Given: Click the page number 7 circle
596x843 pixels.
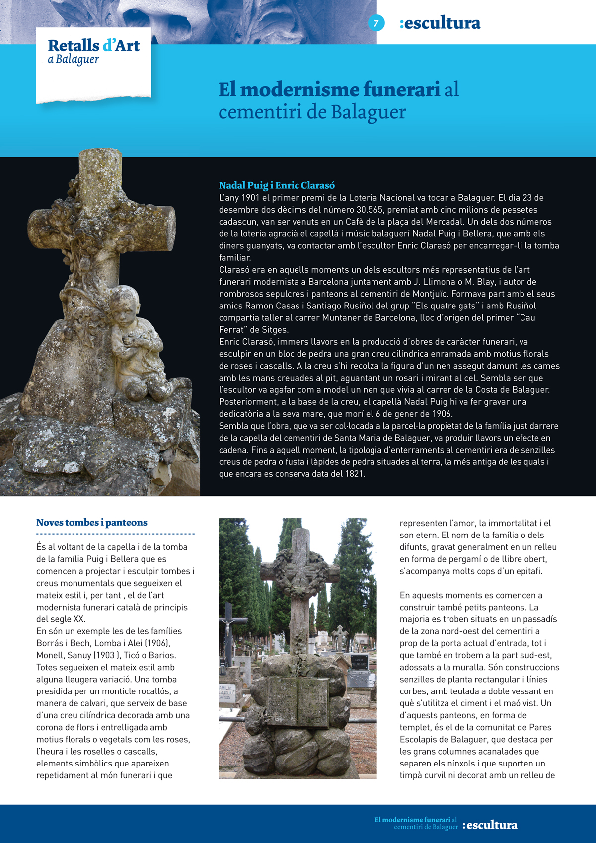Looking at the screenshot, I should pos(376,23).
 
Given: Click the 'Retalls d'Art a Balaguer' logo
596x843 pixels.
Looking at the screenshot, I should pos(93,52).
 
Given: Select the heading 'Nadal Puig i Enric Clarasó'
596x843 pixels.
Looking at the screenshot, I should pos(277,185).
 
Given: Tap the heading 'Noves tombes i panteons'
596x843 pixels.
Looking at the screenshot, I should pos(92,522).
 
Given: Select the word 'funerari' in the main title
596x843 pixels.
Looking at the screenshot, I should pos(401,89).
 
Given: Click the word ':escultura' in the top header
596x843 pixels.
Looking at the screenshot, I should pos(440,23).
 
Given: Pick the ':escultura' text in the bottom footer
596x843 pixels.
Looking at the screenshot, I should pos(490,825).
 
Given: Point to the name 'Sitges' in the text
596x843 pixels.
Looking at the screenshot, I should pos(274,330).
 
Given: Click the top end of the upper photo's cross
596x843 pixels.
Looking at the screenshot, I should pos(99,159).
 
